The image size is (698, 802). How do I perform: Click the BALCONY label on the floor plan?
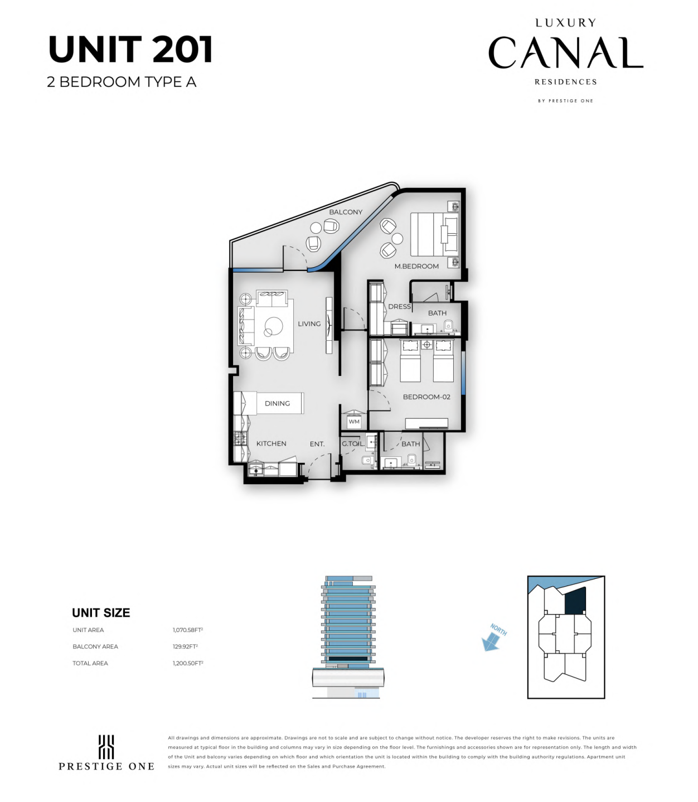pyautogui.click(x=346, y=212)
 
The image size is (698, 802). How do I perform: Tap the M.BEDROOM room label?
pyautogui.click(x=416, y=266)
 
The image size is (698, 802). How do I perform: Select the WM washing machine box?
pyautogui.click(x=354, y=422)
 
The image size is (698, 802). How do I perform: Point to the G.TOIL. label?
pyautogui.click(x=353, y=444)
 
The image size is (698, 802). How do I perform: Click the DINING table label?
pyautogui.click(x=277, y=403)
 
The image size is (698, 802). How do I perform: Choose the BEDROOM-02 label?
pyautogui.click(x=426, y=397)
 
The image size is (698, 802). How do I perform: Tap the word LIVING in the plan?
pyautogui.click(x=309, y=324)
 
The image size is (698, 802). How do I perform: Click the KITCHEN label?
pyautogui.click(x=271, y=443)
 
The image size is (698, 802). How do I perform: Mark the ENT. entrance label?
pyautogui.click(x=317, y=444)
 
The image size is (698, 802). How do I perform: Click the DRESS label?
pyautogui.click(x=400, y=307)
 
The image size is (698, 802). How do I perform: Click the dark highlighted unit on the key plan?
pyautogui.click(x=575, y=601)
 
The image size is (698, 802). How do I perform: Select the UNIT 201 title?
pyautogui.click(x=130, y=50)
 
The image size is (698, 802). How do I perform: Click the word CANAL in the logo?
pyautogui.click(x=566, y=52)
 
